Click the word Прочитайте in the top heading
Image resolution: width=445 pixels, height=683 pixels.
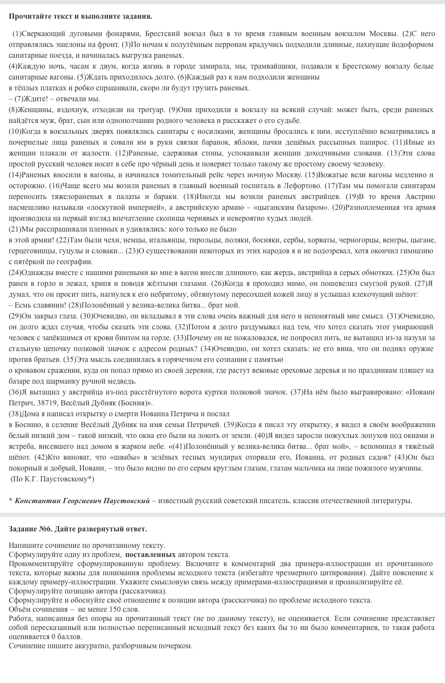tap(27, 17)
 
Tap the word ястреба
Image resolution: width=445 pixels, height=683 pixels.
tap(21, 446)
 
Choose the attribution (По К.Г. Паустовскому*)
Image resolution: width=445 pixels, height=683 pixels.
tap(53, 479)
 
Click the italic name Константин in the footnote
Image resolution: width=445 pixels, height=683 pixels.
tap(37, 501)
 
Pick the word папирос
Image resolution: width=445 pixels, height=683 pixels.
tap(375, 142)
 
